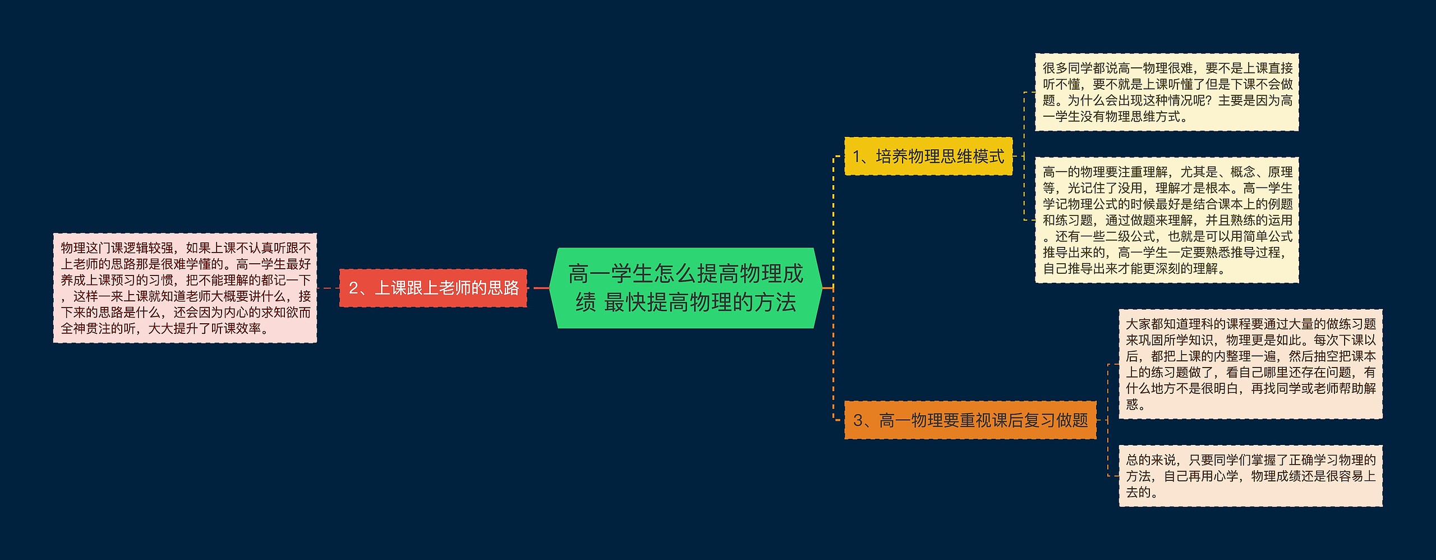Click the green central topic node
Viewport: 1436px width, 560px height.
(685, 288)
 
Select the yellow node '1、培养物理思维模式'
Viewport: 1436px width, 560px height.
(928, 156)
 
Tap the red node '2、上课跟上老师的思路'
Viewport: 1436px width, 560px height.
(433, 288)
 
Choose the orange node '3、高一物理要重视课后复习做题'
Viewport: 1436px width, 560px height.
(970, 420)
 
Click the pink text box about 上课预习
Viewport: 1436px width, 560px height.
(185, 288)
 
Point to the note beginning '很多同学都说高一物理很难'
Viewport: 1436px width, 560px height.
(1167, 92)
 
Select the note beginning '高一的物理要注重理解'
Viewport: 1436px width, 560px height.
(1167, 220)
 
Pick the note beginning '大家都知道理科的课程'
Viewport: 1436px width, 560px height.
(1251, 364)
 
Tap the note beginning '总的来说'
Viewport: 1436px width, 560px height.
(1251, 476)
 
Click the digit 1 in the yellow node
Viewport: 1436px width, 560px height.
(857, 157)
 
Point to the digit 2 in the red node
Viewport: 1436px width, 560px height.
(353, 288)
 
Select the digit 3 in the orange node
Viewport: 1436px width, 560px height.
(858, 420)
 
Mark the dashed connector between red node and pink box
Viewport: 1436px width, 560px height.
(328, 288)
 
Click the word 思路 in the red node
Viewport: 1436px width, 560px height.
(503, 288)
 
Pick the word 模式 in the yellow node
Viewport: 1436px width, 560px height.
(988, 157)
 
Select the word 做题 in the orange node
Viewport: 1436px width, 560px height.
(1072, 420)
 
